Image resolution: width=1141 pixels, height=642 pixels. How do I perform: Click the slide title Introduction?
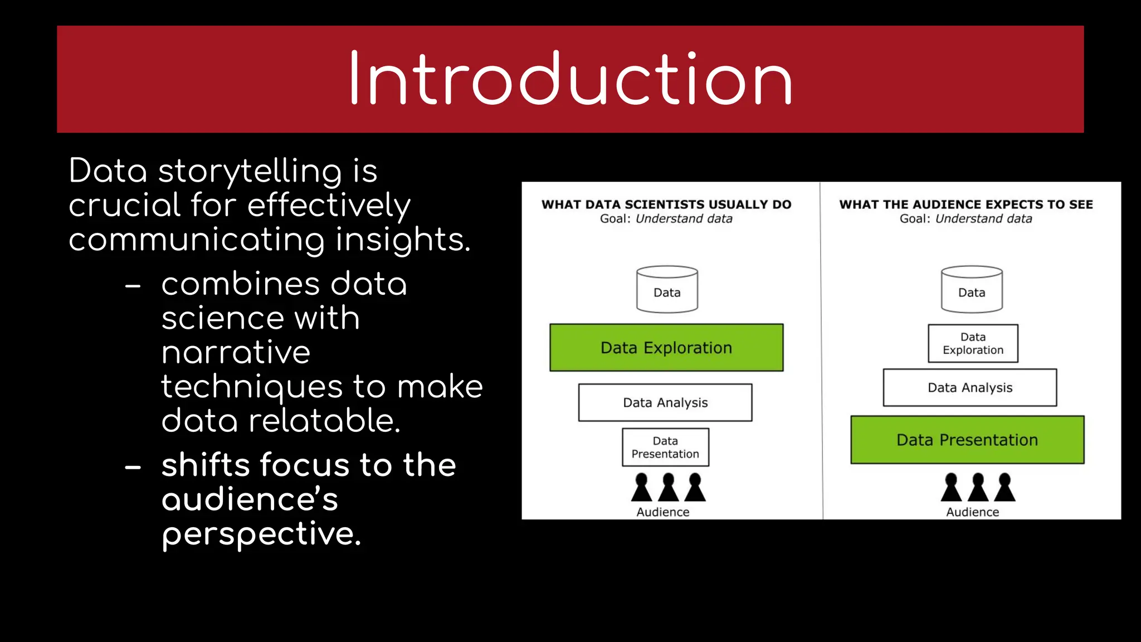coord(570,79)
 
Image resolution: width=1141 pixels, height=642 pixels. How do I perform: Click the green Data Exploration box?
coord(666,348)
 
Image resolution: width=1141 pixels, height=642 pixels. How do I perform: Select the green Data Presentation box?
coord(967,440)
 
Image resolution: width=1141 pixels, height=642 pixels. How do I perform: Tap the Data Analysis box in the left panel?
coord(665,402)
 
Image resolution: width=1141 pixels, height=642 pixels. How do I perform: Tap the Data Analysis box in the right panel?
coord(970,387)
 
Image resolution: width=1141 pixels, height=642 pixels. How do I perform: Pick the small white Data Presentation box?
coord(665,447)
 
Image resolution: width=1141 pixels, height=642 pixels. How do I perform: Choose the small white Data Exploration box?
coord(973,343)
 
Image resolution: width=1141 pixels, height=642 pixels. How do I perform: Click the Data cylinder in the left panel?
coord(667,290)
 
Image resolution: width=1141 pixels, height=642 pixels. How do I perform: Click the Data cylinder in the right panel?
coord(972,290)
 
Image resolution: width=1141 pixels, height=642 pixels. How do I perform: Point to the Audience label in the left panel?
coord(663,512)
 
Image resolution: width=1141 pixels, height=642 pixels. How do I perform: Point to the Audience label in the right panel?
coord(973,512)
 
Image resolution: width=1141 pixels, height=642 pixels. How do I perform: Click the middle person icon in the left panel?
coord(668,487)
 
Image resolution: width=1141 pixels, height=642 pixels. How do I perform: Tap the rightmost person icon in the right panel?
coord(1005,487)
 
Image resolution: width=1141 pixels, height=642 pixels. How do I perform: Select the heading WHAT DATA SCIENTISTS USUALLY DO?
coord(666,205)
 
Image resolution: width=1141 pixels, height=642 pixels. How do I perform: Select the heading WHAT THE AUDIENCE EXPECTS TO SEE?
coord(966,205)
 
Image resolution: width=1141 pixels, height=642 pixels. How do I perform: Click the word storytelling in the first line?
coord(250,172)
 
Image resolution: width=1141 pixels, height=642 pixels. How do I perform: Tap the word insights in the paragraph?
coord(403,240)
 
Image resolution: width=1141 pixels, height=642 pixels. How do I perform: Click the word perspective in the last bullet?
coord(261,534)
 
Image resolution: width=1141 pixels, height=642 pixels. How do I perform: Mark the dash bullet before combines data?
coord(133,286)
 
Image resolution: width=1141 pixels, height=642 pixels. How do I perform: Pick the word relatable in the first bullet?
coord(324,421)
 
